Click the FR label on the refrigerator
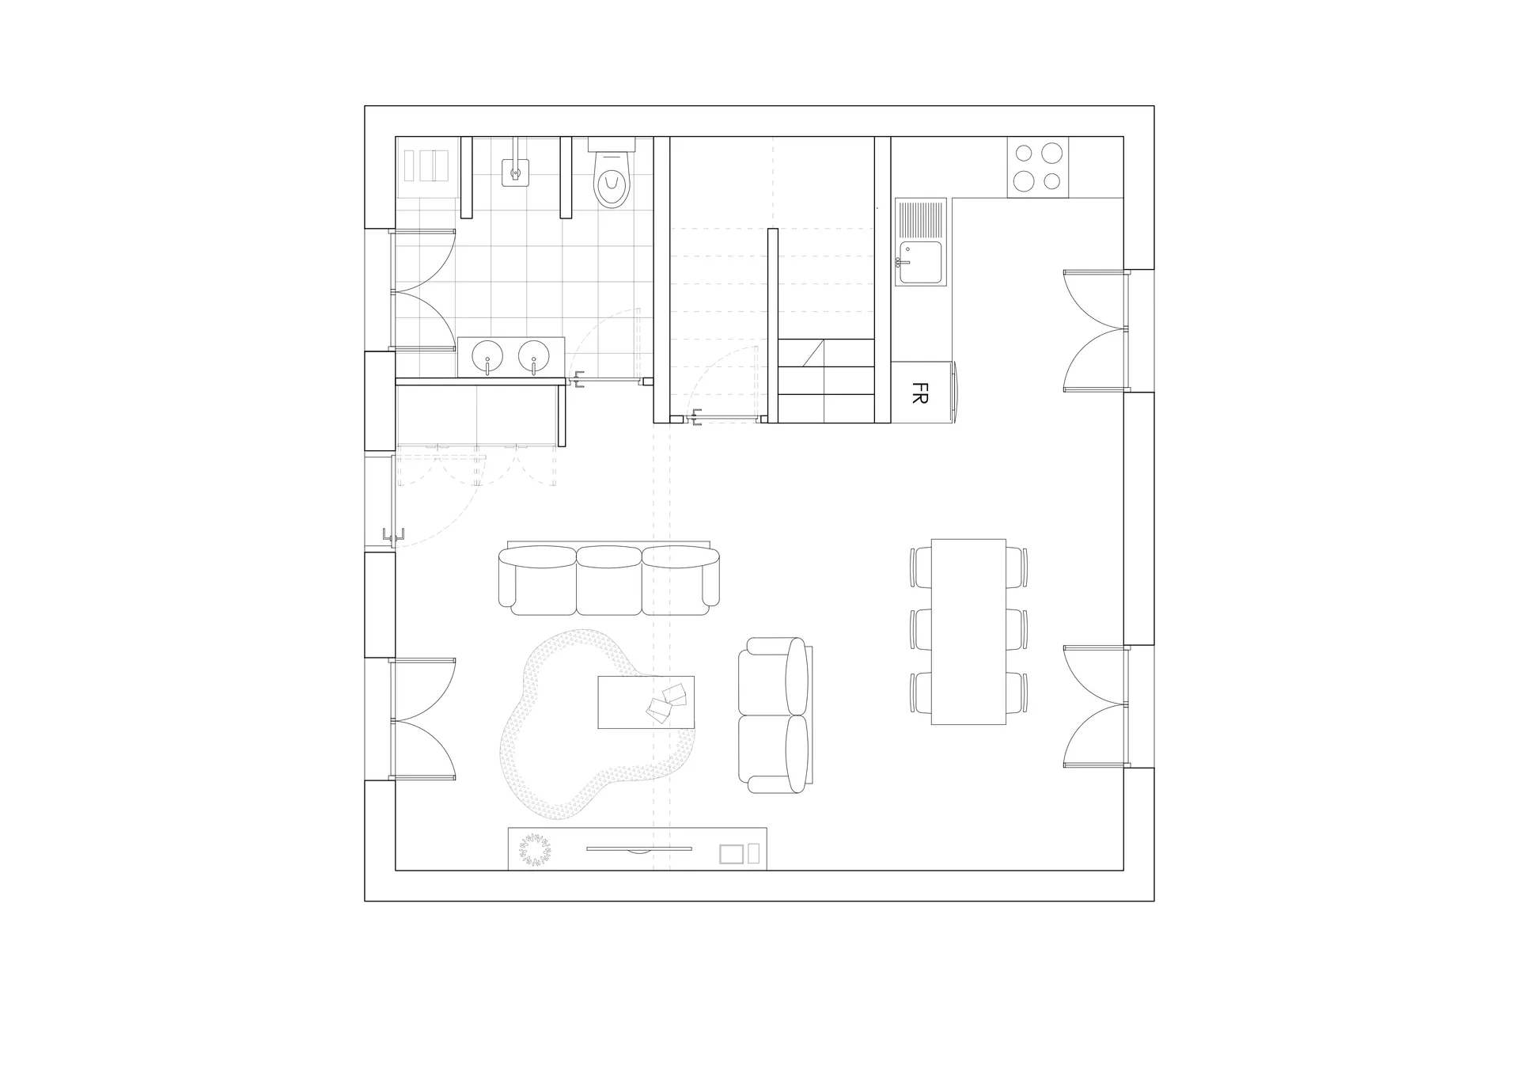(x=919, y=393)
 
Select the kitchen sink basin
(x=921, y=262)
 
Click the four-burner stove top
(x=1037, y=167)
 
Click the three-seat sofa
(x=609, y=579)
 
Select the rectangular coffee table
(x=646, y=702)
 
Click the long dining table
(x=968, y=632)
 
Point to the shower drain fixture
(x=516, y=171)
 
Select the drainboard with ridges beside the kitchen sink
(x=921, y=219)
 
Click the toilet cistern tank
(x=612, y=145)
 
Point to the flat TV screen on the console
(x=639, y=849)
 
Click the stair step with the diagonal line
(x=826, y=353)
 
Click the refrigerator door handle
(x=956, y=393)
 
